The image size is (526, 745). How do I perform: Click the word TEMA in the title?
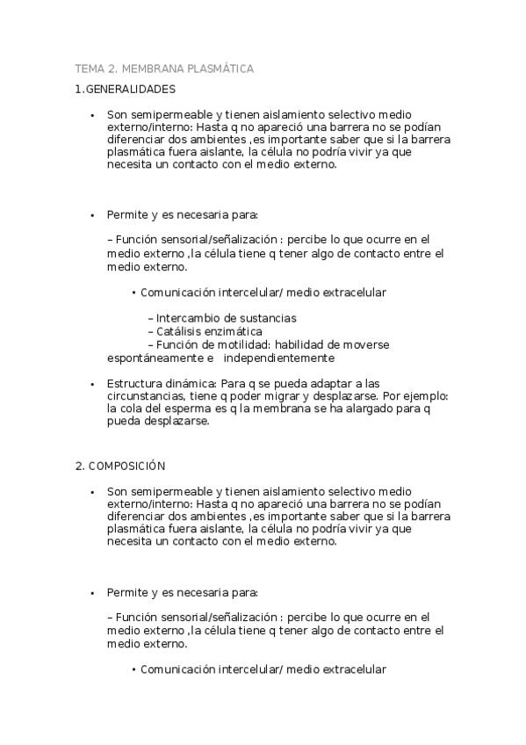89,68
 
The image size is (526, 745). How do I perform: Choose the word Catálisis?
180,331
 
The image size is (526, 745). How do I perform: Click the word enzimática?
234,331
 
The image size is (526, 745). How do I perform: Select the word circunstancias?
146,396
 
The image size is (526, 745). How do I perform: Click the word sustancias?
265,318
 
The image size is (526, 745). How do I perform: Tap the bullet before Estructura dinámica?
92,384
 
